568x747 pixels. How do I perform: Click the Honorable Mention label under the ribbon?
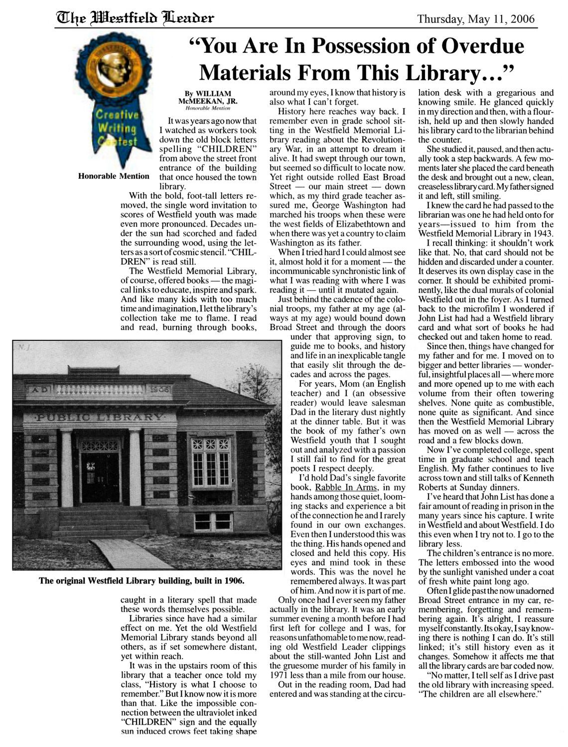coord(114,176)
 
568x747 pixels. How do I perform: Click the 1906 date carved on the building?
coord(159,388)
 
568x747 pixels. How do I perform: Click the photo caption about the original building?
coord(142,581)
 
